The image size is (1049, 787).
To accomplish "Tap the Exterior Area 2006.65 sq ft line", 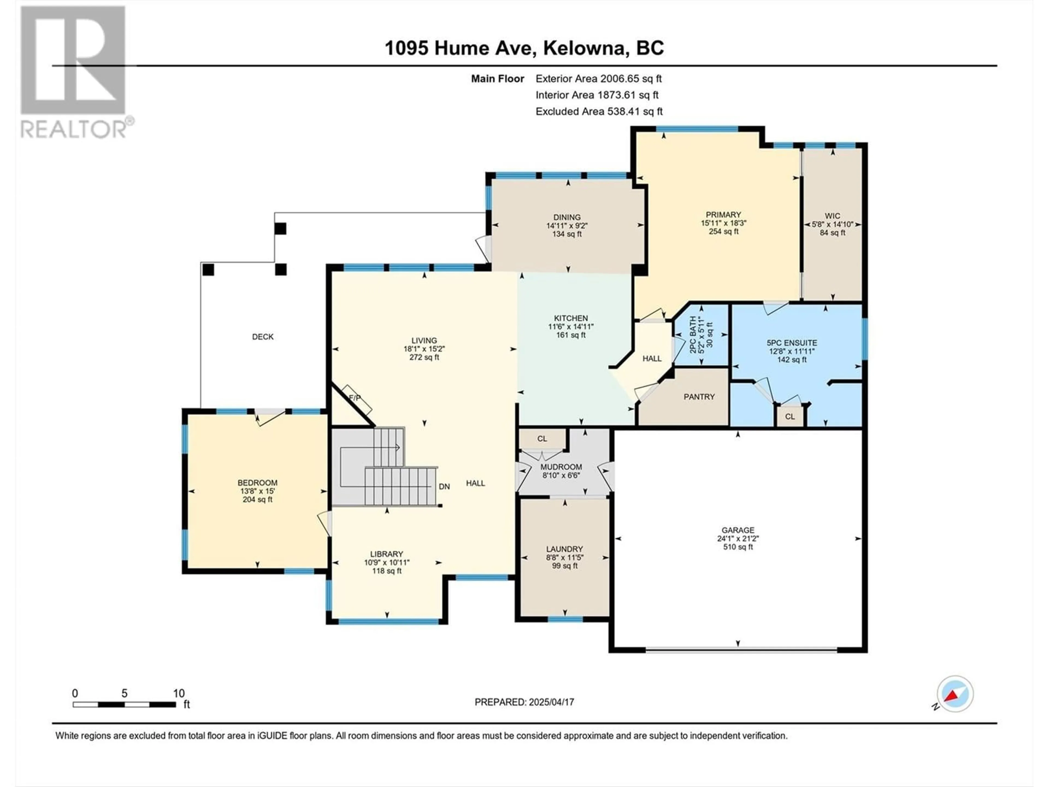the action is pyautogui.click(x=599, y=79).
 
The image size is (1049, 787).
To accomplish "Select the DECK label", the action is pyautogui.click(x=263, y=337).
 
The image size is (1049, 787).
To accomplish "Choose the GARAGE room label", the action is pyautogui.click(x=738, y=530).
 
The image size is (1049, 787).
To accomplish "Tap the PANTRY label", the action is pyautogui.click(x=699, y=397).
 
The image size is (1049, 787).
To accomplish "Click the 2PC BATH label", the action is pyautogui.click(x=693, y=335).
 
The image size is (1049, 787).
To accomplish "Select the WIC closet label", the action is pyautogui.click(x=832, y=216).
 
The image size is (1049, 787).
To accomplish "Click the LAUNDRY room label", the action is pyautogui.click(x=564, y=549).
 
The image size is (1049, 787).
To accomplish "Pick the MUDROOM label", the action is pyautogui.click(x=561, y=467).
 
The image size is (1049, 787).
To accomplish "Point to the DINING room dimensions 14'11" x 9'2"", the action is pyautogui.click(x=567, y=226).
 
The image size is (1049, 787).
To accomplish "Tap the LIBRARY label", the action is pyautogui.click(x=387, y=554).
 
